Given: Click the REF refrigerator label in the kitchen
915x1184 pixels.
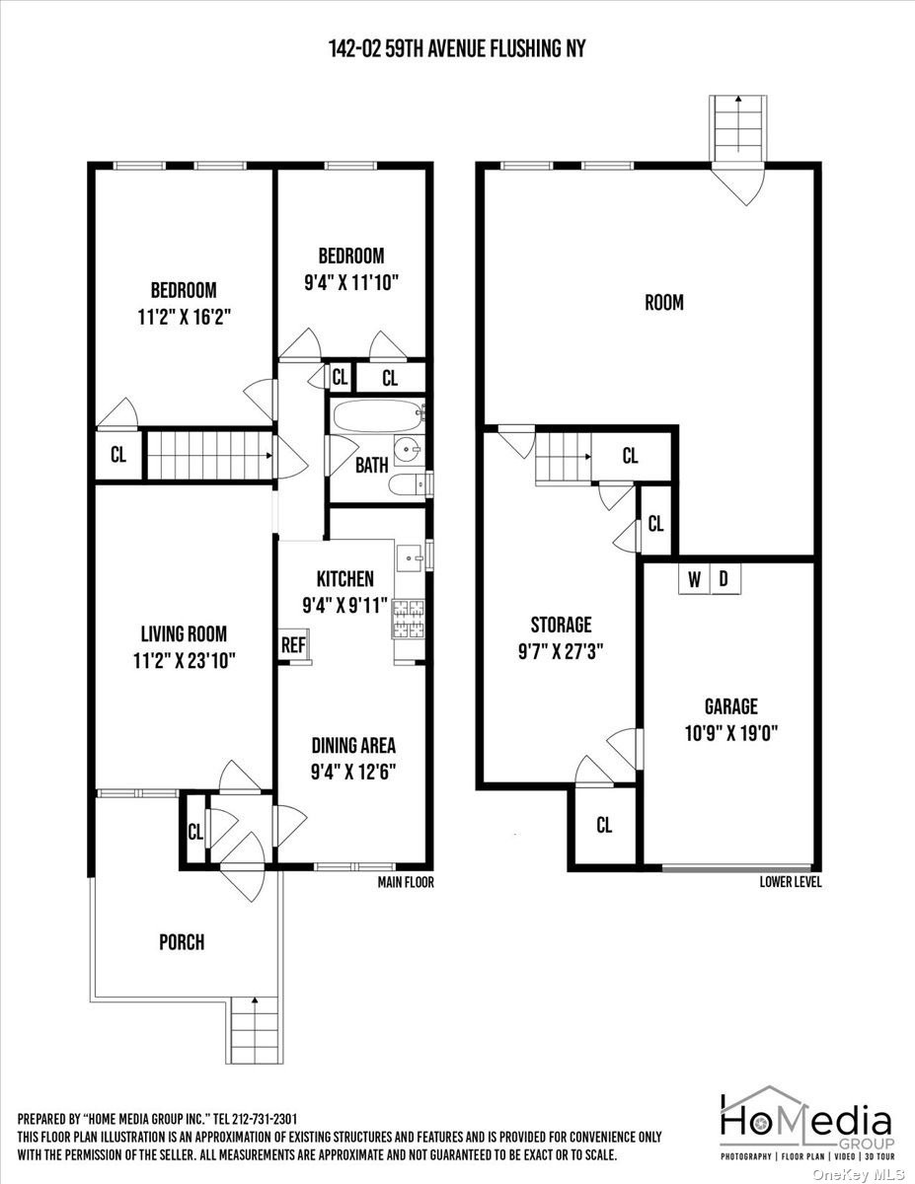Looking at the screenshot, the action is (x=293, y=645).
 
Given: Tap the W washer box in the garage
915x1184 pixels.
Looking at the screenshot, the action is (x=695, y=579).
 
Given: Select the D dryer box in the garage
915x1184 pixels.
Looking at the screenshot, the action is (x=725, y=579).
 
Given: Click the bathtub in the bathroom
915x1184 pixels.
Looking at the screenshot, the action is (x=378, y=416).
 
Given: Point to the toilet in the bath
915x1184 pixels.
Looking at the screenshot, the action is (x=409, y=483).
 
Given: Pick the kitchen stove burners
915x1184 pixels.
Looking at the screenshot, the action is (x=409, y=619).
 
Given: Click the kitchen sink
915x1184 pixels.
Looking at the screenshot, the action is (x=410, y=557).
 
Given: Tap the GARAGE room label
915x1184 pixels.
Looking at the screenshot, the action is (x=730, y=706).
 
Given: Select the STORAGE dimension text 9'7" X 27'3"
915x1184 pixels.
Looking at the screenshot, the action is (x=561, y=651).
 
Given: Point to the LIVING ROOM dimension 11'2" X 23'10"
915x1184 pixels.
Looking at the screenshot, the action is (x=185, y=661).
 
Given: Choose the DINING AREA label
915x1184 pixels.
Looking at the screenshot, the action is (x=353, y=745).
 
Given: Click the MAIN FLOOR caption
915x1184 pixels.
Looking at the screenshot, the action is (x=406, y=882).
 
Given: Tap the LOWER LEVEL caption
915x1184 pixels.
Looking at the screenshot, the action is (x=791, y=882).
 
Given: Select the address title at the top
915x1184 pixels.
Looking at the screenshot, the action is (x=457, y=49).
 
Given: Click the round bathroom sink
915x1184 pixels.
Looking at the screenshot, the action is (x=409, y=450).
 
